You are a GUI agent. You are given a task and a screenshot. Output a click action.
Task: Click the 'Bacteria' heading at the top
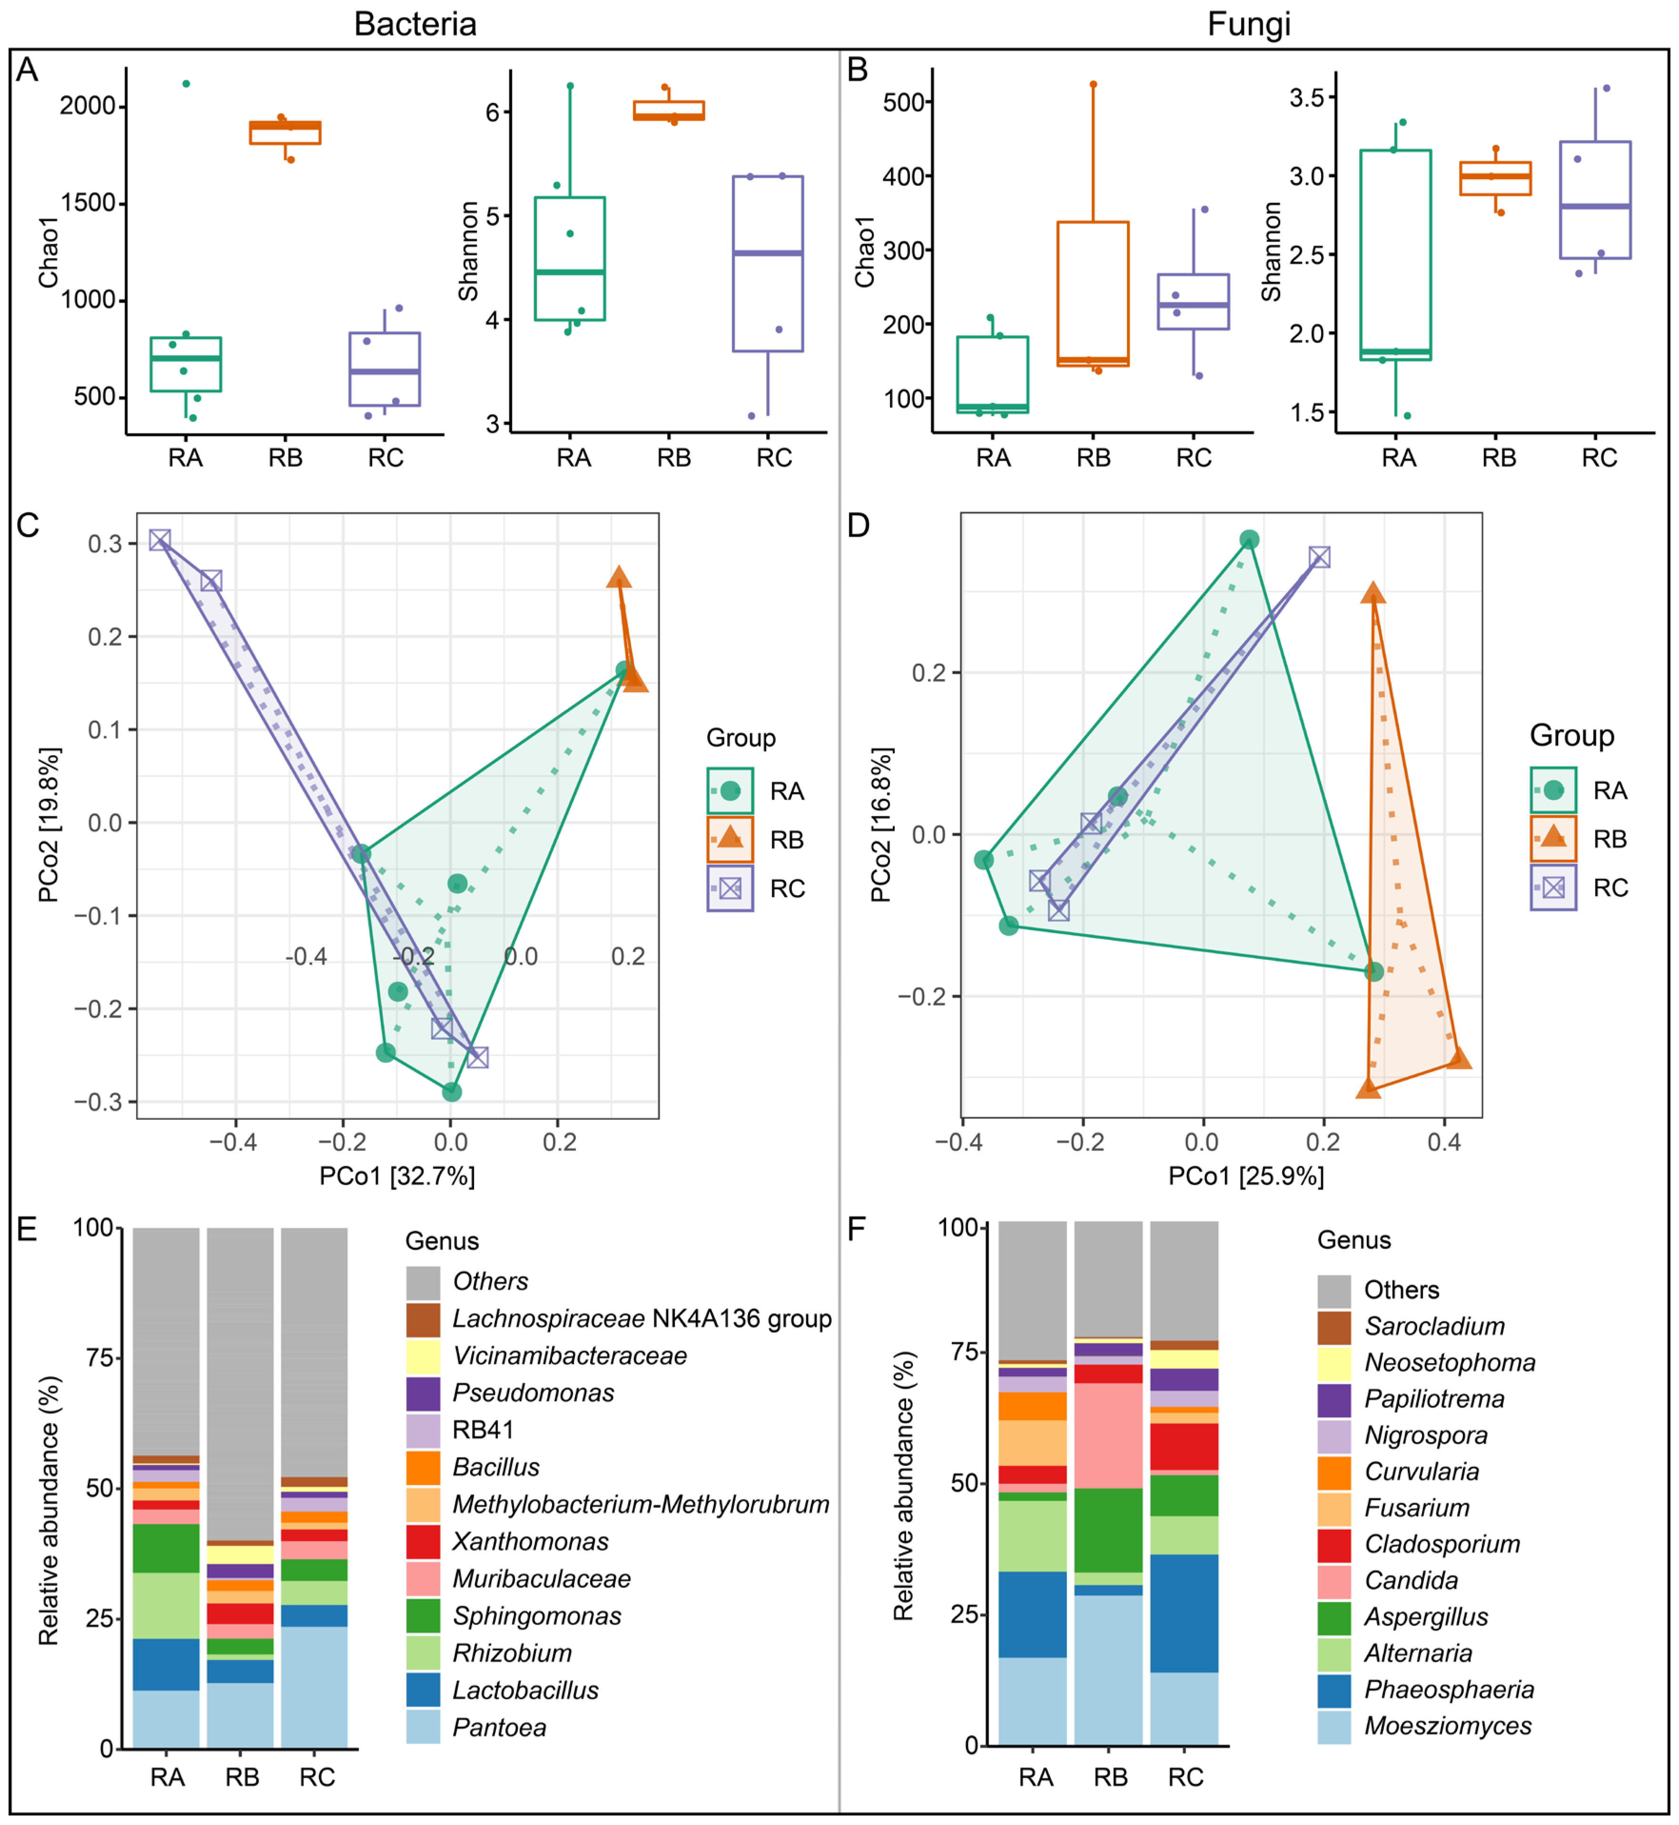click(x=415, y=24)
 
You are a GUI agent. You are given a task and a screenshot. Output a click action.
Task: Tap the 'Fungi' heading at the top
click(x=1248, y=24)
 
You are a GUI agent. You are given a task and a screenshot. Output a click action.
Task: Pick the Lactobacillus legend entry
click(x=525, y=1690)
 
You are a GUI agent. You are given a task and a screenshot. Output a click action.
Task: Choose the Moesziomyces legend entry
click(x=1447, y=1726)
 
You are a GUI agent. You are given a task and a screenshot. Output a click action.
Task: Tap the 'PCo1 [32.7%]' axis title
click(x=397, y=1176)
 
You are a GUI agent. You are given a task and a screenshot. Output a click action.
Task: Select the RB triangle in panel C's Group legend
click(x=731, y=839)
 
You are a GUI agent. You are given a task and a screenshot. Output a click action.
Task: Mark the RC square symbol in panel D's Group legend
click(x=1554, y=887)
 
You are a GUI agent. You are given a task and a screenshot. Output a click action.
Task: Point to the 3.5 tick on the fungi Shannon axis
click(x=1308, y=97)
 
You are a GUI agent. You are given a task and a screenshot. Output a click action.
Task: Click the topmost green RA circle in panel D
click(x=1249, y=540)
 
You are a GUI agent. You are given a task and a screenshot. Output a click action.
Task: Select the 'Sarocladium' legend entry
click(x=1434, y=1326)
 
